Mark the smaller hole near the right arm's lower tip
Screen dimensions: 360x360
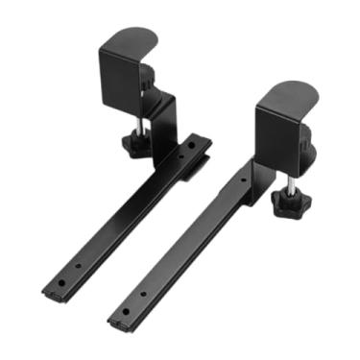(144, 294)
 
